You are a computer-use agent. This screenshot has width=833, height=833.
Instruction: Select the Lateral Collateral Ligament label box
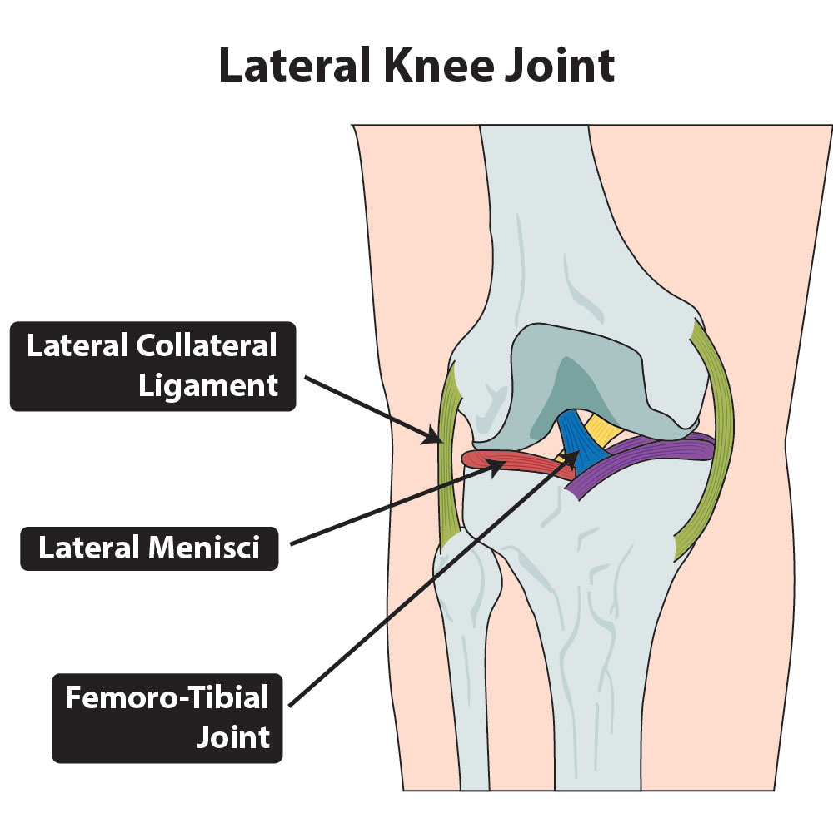152,366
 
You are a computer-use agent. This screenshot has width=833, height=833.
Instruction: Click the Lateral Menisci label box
149,548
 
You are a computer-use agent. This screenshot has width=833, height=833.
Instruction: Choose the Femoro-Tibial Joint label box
167,717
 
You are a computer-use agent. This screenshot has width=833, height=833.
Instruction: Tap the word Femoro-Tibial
167,697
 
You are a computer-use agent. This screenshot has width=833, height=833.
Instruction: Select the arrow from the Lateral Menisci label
392,508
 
